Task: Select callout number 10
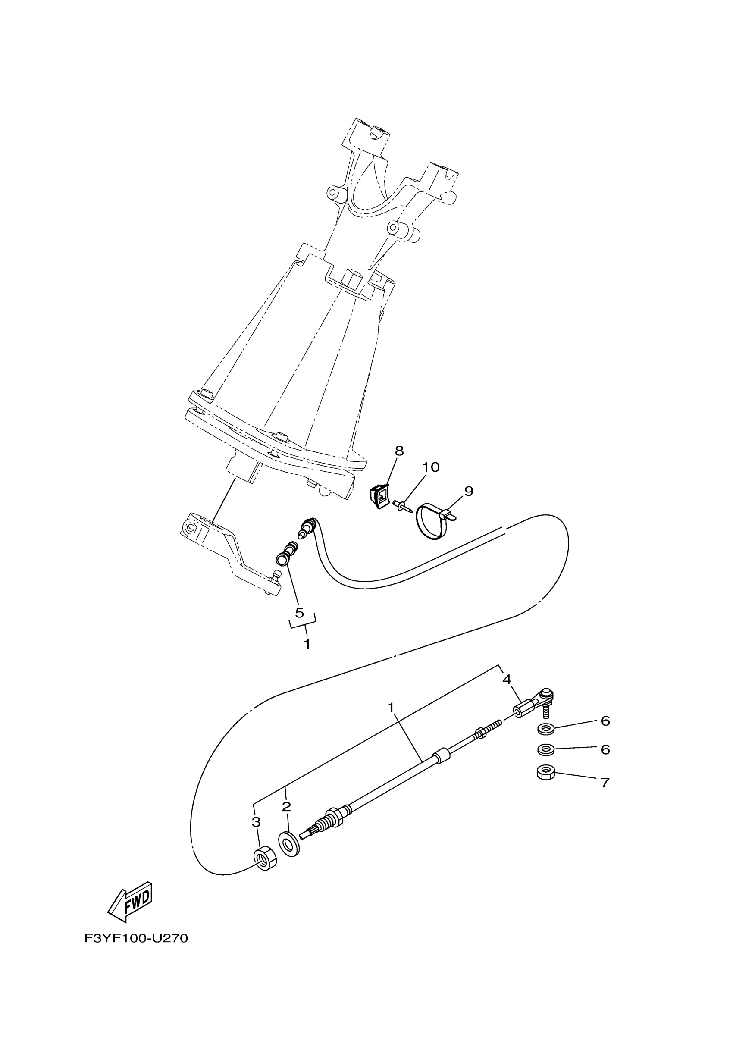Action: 431,467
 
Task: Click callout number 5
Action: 299,613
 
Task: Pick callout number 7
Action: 605,782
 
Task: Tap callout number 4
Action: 506,692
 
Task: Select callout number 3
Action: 256,822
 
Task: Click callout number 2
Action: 286,807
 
